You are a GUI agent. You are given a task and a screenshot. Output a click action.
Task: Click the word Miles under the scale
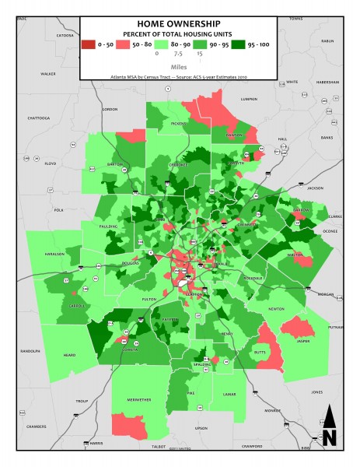click(179, 67)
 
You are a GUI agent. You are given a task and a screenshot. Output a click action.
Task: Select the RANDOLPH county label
click(30, 350)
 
